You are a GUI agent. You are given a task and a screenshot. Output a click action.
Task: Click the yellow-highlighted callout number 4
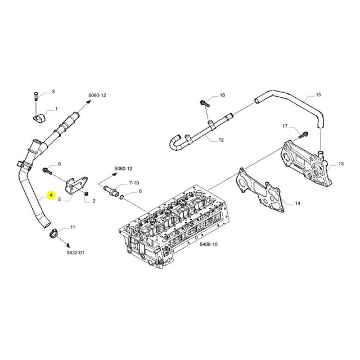[51, 195]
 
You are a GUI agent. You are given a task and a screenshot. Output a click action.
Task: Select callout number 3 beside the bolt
[53, 92]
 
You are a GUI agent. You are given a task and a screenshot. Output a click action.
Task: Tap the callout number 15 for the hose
[318, 94]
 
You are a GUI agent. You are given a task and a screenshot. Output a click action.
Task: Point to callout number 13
[341, 164]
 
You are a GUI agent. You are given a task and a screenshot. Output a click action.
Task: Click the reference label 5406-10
[209, 244]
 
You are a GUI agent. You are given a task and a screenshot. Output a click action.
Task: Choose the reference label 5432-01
[75, 253]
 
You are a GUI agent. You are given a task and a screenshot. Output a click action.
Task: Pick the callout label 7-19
[134, 183]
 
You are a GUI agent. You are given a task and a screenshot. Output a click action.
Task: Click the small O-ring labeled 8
[122, 197]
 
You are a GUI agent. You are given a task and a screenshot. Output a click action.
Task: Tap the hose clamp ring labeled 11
[54, 234]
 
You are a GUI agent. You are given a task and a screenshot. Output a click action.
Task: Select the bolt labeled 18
[205, 103]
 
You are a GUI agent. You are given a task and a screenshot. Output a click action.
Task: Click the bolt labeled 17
[304, 135]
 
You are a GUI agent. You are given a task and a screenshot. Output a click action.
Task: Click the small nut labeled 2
[87, 194]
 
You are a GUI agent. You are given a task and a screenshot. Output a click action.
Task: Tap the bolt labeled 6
[47, 170]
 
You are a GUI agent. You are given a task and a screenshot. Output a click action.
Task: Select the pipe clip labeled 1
[39, 118]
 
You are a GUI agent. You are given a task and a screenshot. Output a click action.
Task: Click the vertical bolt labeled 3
[36, 96]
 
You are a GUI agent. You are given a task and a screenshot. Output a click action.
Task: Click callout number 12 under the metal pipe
[221, 140]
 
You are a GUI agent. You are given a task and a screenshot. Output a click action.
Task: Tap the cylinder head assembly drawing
[174, 226]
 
